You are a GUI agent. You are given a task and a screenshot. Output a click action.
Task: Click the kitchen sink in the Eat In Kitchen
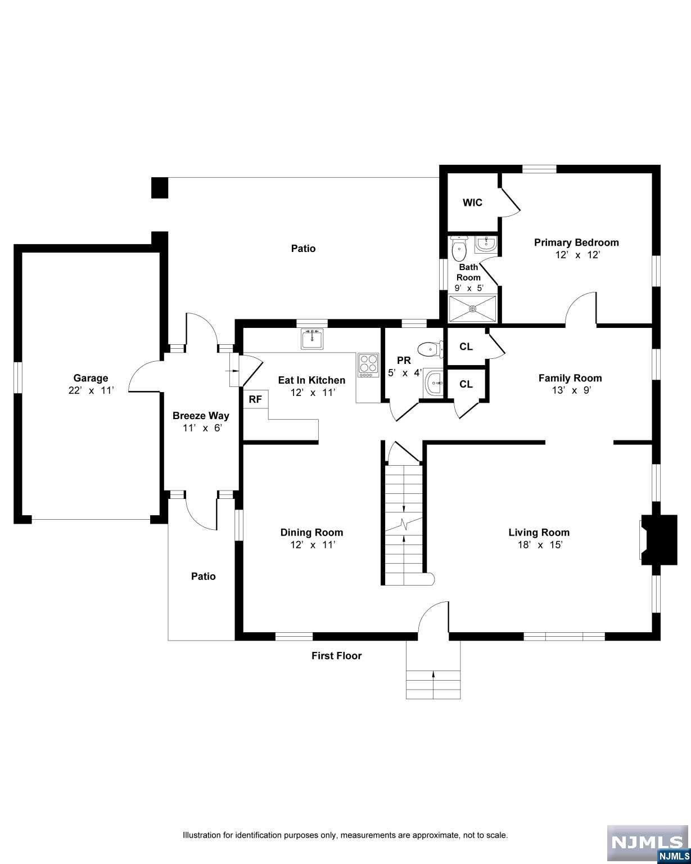click(x=312, y=340)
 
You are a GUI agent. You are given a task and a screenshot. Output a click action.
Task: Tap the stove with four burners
click(x=368, y=366)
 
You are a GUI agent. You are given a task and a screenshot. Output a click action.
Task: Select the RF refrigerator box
click(x=255, y=399)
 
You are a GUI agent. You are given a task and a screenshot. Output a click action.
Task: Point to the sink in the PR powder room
click(x=433, y=384)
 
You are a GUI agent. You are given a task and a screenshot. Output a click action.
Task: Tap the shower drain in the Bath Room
click(x=472, y=308)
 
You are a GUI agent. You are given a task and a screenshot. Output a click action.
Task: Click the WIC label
click(x=472, y=202)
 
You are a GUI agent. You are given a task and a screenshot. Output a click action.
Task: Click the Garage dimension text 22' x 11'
click(x=91, y=390)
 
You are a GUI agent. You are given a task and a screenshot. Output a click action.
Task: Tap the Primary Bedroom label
click(x=576, y=242)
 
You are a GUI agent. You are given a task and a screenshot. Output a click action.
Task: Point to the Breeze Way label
click(x=201, y=416)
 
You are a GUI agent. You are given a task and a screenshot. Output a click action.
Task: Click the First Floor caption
click(x=336, y=655)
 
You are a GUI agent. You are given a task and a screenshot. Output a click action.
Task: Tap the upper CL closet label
click(x=466, y=346)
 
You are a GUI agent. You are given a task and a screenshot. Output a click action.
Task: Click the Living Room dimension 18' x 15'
click(x=539, y=544)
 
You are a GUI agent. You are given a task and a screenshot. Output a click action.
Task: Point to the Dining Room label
click(x=311, y=532)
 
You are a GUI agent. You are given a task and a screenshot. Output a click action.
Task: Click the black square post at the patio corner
click(x=160, y=188)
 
